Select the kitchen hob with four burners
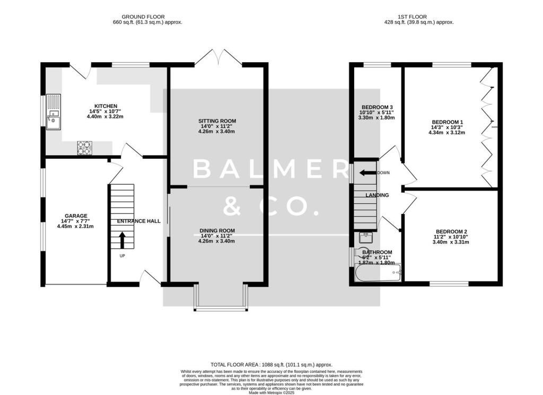click(x=84, y=147)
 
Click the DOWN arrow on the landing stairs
click(x=366, y=173)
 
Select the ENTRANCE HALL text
click(x=139, y=221)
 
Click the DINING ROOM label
click(x=217, y=230)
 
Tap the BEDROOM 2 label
click(x=451, y=231)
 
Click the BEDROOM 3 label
click(x=377, y=107)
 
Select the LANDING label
click(x=377, y=195)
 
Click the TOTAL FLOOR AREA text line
click(x=271, y=365)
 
